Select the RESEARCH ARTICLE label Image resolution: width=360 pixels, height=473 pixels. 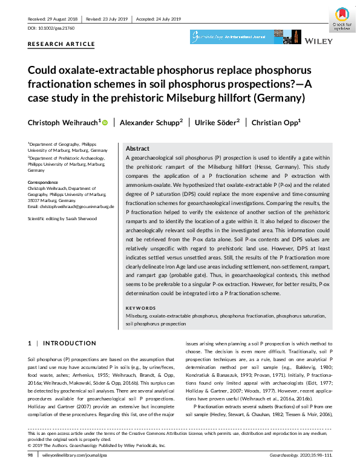coord(61,44)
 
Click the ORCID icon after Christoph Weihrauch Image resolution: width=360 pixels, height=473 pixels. coord(105,123)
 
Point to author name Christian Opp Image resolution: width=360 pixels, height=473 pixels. coord(276,122)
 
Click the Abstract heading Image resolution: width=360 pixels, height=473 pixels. coord(137,149)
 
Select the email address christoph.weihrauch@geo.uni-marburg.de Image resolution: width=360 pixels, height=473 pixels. coord(71,207)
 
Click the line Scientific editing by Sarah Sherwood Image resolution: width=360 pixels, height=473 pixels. coord(62,218)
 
